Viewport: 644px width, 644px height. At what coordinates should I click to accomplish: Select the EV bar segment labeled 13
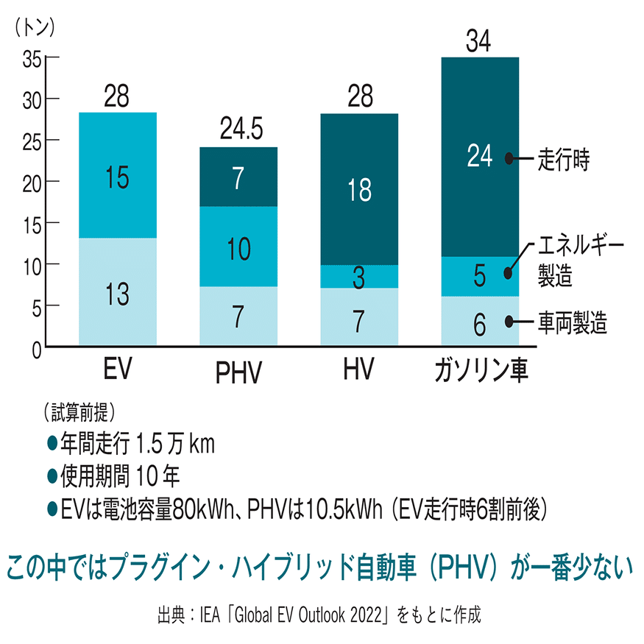(117, 292)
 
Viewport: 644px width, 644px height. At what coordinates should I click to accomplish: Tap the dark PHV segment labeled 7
(238, 177)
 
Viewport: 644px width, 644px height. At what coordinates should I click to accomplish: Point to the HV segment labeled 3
(359, 277)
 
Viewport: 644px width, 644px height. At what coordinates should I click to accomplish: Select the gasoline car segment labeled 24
(479, 157)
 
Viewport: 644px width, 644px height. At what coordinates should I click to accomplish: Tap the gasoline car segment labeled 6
(479, 321)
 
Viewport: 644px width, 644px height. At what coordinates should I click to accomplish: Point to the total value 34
(479, 42)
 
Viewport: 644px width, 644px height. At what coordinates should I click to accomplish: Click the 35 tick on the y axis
(31, 58)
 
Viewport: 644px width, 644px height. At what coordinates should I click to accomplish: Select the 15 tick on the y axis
(31, 223)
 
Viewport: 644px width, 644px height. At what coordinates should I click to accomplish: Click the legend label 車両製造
(573, 322)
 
